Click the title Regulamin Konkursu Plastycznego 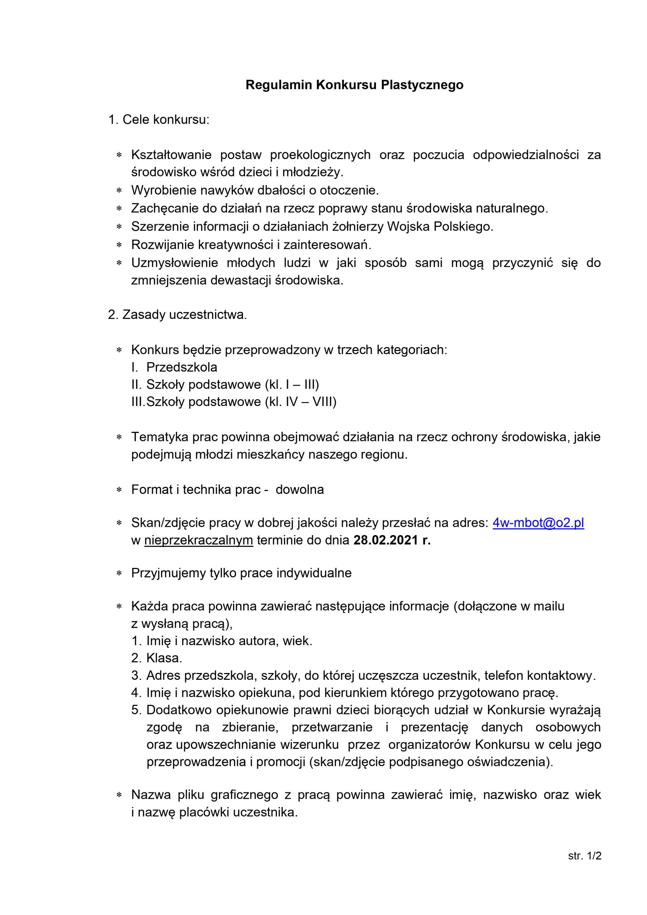pos(354,85)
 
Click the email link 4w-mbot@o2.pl pos(538,523)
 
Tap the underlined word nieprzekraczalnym pos(198,540)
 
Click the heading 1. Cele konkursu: pos(159,119)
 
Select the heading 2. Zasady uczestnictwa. pos(177,315)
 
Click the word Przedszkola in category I pos(181,367)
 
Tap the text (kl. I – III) pos(291,384)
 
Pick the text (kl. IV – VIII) pos(300,402)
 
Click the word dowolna pos(300,489)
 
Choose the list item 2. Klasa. pos(157,658)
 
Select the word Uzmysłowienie pos(174,263)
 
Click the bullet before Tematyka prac pos(119,437)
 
